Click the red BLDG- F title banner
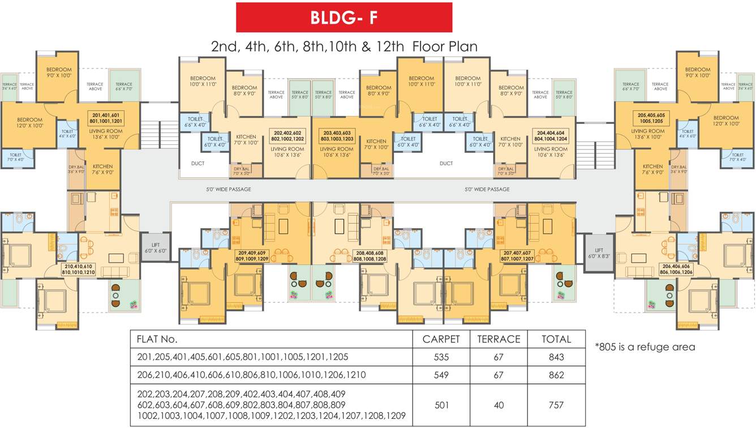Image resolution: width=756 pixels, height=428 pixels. pyautogui.click(x=344, y=18)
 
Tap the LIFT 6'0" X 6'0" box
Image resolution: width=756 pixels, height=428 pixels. pyautogui.click(x=156, y=247)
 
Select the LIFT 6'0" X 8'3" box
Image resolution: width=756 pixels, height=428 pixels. pyautogui.click(x=599, y=253)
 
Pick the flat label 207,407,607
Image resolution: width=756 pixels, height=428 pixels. pyautogui.click(x=516, y=255)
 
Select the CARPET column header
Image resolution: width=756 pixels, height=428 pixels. pyautogui.click(x=441, y=339)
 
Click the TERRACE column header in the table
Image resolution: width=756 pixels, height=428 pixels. pyautogui.click(x=499, y=339)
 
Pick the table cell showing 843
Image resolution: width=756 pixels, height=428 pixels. pyautogui.click(x=556, y=357)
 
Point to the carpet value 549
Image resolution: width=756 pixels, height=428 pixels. pyautogui.click(x=441, y=375)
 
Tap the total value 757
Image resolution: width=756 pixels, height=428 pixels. pyautogui.click(x=556, y=405)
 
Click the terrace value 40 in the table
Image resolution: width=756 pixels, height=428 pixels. pyautogui.click(x=499, y=405)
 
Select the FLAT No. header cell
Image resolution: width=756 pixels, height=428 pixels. pyautogui.click(x=157, y=339)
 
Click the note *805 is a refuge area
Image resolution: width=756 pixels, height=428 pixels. pyautogui.click(x=645, y=346)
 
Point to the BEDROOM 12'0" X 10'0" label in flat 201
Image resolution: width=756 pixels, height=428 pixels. pyautogui.click(x=29, y=122)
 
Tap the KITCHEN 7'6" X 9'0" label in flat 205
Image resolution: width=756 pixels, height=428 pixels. pyautogui.click(x=652, y=169)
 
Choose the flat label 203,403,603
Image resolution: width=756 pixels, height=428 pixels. pyautogui.click(x=337, y=135)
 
